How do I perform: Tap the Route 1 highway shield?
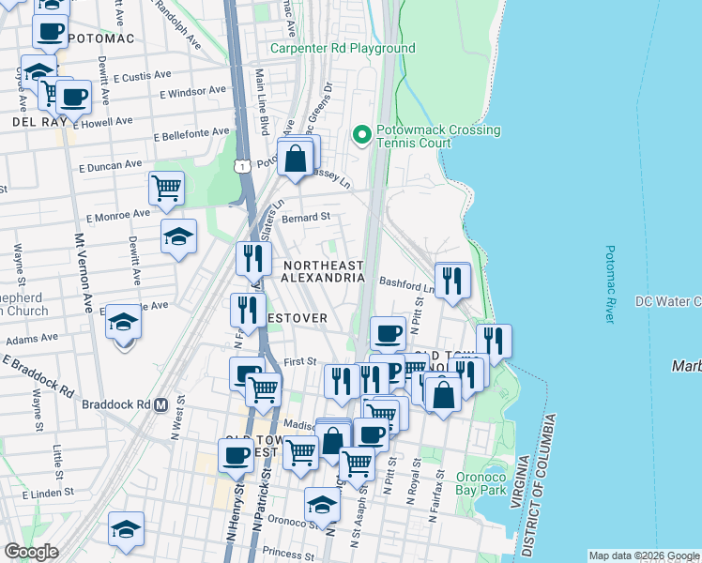pyautogui.click(x=243, y=166)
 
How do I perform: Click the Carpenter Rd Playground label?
pyautogui.click(x=343, y=48)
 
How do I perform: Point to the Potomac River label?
pyautogui.click(x=611, y=285)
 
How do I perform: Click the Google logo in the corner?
pyautogui.click(x=31, y=552)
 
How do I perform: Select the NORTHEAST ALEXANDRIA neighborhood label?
pyautogui.click(x=323, y=272)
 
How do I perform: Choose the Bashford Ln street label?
pyautogui.click(x=405, y=281)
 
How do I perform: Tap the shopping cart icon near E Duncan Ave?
pyautogui.click(x=167, y=188)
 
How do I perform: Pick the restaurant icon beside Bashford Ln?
pyautogui.click(x=452, y=279)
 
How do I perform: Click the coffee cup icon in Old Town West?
pyautogui.click(x=236, y=455)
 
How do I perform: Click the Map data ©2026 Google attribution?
pyautogui.click(x=644, y=555)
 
